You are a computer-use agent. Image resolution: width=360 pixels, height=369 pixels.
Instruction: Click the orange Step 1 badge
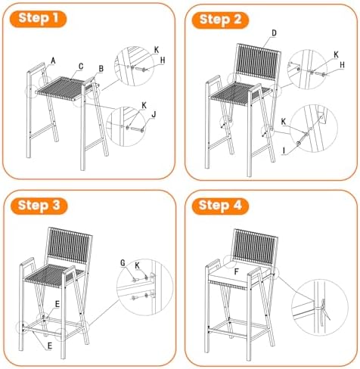pyautogui.click(x=38, y=19)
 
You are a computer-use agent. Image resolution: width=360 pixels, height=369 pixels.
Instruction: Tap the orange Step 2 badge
pyautogui.click(x=220, y=20)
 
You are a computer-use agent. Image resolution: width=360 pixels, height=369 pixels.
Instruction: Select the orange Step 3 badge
pyautogui.click(x=39, y=206)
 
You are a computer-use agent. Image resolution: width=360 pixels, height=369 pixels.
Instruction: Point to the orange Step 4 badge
pyautogui.click(x=220, y=206)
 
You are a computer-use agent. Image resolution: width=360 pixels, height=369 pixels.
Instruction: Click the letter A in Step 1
pyautogui.click(x=53, y=60)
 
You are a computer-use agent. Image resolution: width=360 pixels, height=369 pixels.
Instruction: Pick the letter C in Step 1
pyautogui.click(x=81, y=67)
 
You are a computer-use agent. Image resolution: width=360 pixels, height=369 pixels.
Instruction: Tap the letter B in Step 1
pyautogui.click(x=101, y=69)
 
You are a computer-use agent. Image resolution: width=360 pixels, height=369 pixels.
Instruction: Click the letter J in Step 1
pyautogui.click(x=154, y=115)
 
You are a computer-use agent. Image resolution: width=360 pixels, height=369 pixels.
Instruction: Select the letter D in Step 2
pyautogui.click(x=274, y=33)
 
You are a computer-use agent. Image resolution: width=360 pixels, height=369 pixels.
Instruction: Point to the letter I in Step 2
pyautogui.click(x=284, y=150)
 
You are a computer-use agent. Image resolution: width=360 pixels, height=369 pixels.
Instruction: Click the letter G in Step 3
pyautogui.click(x=123, y=263)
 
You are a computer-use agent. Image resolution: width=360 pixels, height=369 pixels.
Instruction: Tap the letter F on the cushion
pyautogui.click(x=237, y=271)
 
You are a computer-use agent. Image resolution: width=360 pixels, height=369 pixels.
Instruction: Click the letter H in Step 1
pyautogui.click(x=163, y=60)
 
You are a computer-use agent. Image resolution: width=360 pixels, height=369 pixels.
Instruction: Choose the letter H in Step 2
pyautogui.click(x=342, y=65)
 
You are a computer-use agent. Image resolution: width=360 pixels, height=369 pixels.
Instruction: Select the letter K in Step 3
pyautogui.click(x=137, y=265)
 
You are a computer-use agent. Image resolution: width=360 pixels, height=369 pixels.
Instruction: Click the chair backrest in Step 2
pyautogui.click(x=258, y=63)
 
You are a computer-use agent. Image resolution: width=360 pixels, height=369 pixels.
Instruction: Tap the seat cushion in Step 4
pyautogui.click(x=240, y=274)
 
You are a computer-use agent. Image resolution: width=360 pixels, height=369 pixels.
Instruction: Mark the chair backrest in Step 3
pyautogui.click(x=69, y=247)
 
